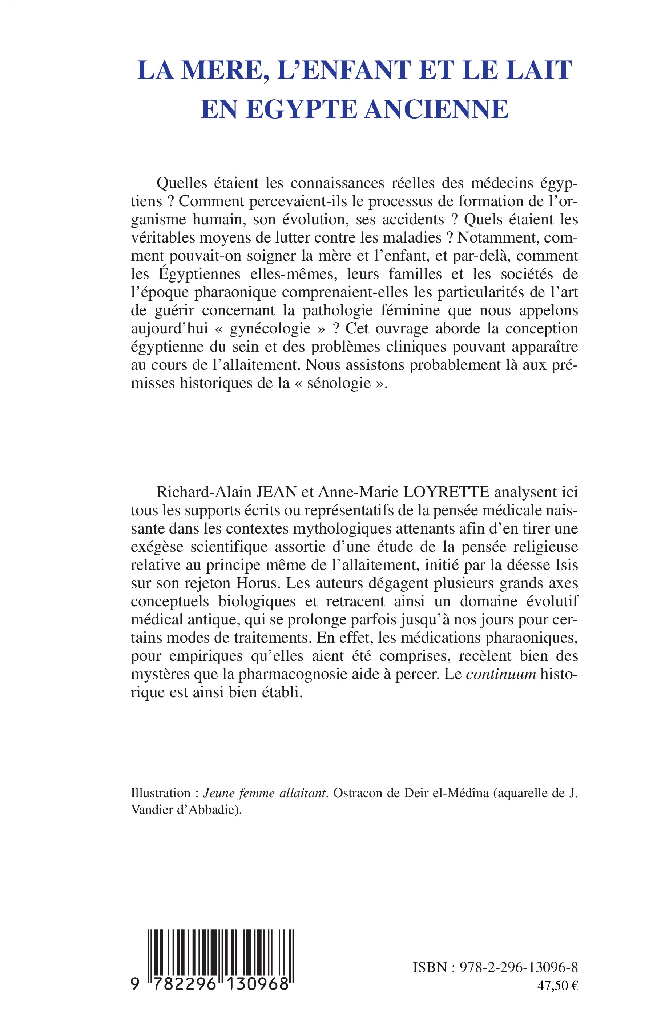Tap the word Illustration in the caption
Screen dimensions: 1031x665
pyautogui.click(x=161, y=793)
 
